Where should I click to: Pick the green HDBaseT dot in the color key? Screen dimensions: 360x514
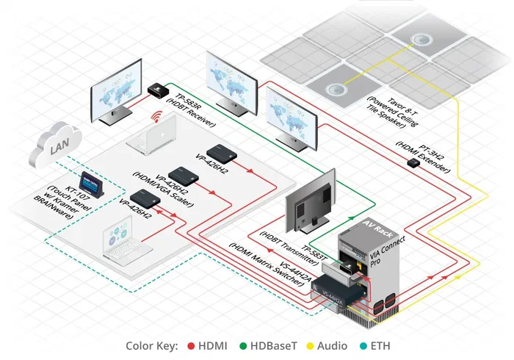(x=247, y=345)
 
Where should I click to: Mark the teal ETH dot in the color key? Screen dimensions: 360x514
(x=365, y=345)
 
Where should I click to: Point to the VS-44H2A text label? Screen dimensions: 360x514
(x=286, y=277)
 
